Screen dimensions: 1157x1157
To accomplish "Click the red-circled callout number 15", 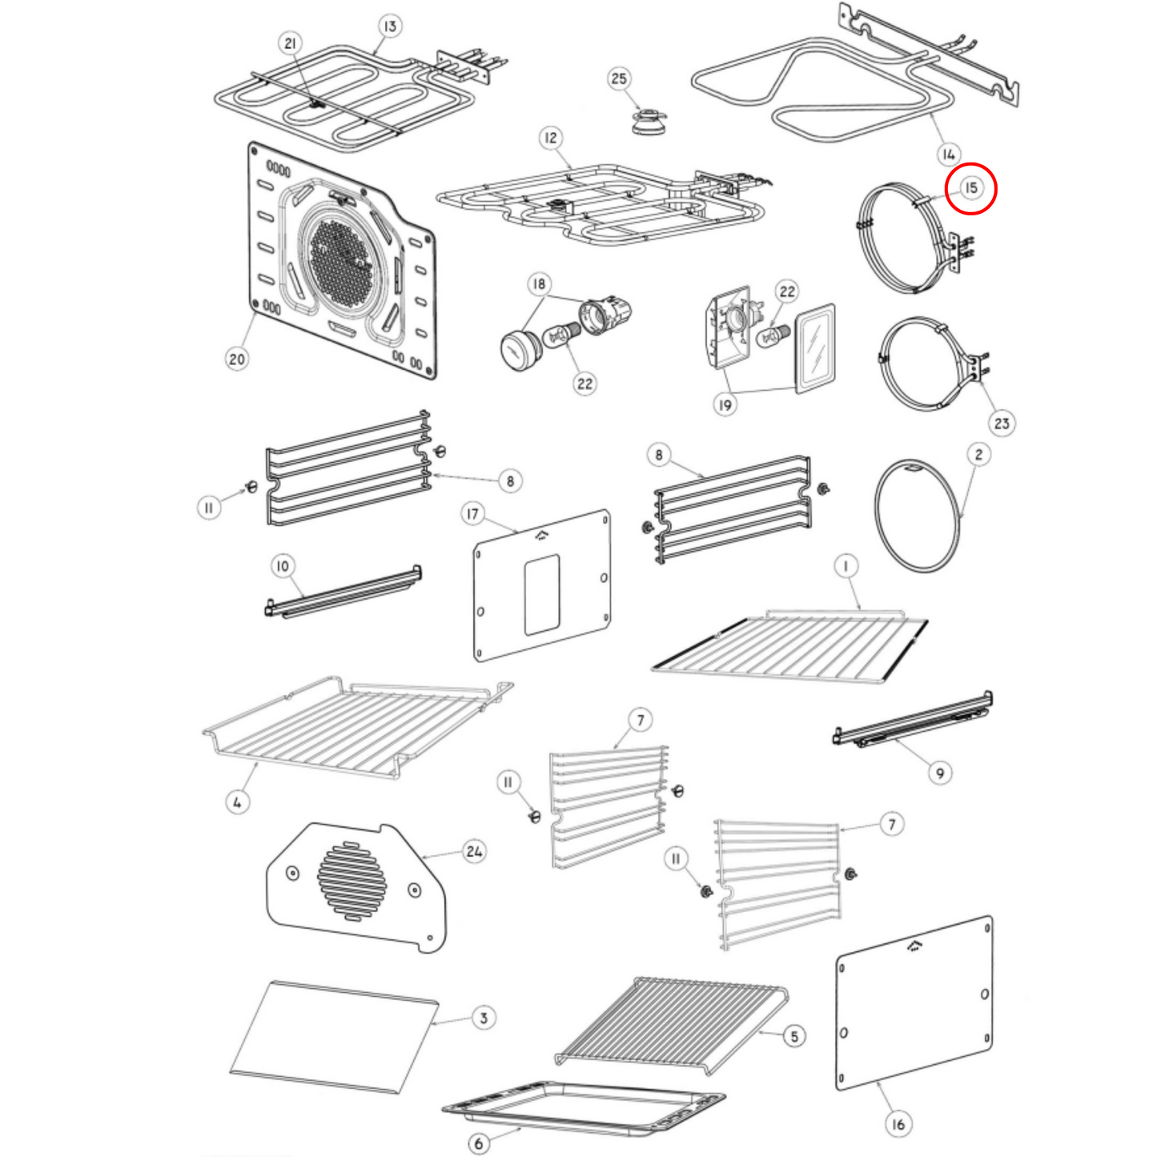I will pyautogui.click(x=970, y=189).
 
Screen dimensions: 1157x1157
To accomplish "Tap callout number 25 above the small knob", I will pyautogui.click(x=619, y=78).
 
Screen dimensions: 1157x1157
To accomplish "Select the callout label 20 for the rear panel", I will pyautogui.click(x=237, y=359).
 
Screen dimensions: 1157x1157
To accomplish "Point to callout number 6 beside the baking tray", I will pyautogui.click(x=479, y=1143).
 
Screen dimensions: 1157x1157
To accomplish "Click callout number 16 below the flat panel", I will pyautogui.click(x=898, y=1124).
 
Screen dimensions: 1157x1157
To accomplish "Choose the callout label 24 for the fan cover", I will pyautogui.click(x=474, y=851).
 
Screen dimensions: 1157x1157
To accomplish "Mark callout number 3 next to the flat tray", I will pyautogui.click(x=483, y=1018).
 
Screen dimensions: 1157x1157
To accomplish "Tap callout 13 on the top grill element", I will pyautogui.click(x=389, y=26).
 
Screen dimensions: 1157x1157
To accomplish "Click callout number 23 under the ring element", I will pyautogui.click(x=1002, y=423).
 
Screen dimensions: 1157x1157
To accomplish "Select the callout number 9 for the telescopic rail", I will pyautogui.click(x=940, y=773).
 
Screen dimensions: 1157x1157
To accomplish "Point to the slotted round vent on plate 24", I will pyautogui.click(x=352, y=880).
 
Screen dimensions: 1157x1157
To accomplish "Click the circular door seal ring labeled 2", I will pyautogui.click(x=917, y=516).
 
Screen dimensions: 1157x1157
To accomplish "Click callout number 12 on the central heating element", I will pyautogui.click(x=550, y=138).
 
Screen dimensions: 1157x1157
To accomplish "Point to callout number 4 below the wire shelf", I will pyautogui.click(x=237, y=801).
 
